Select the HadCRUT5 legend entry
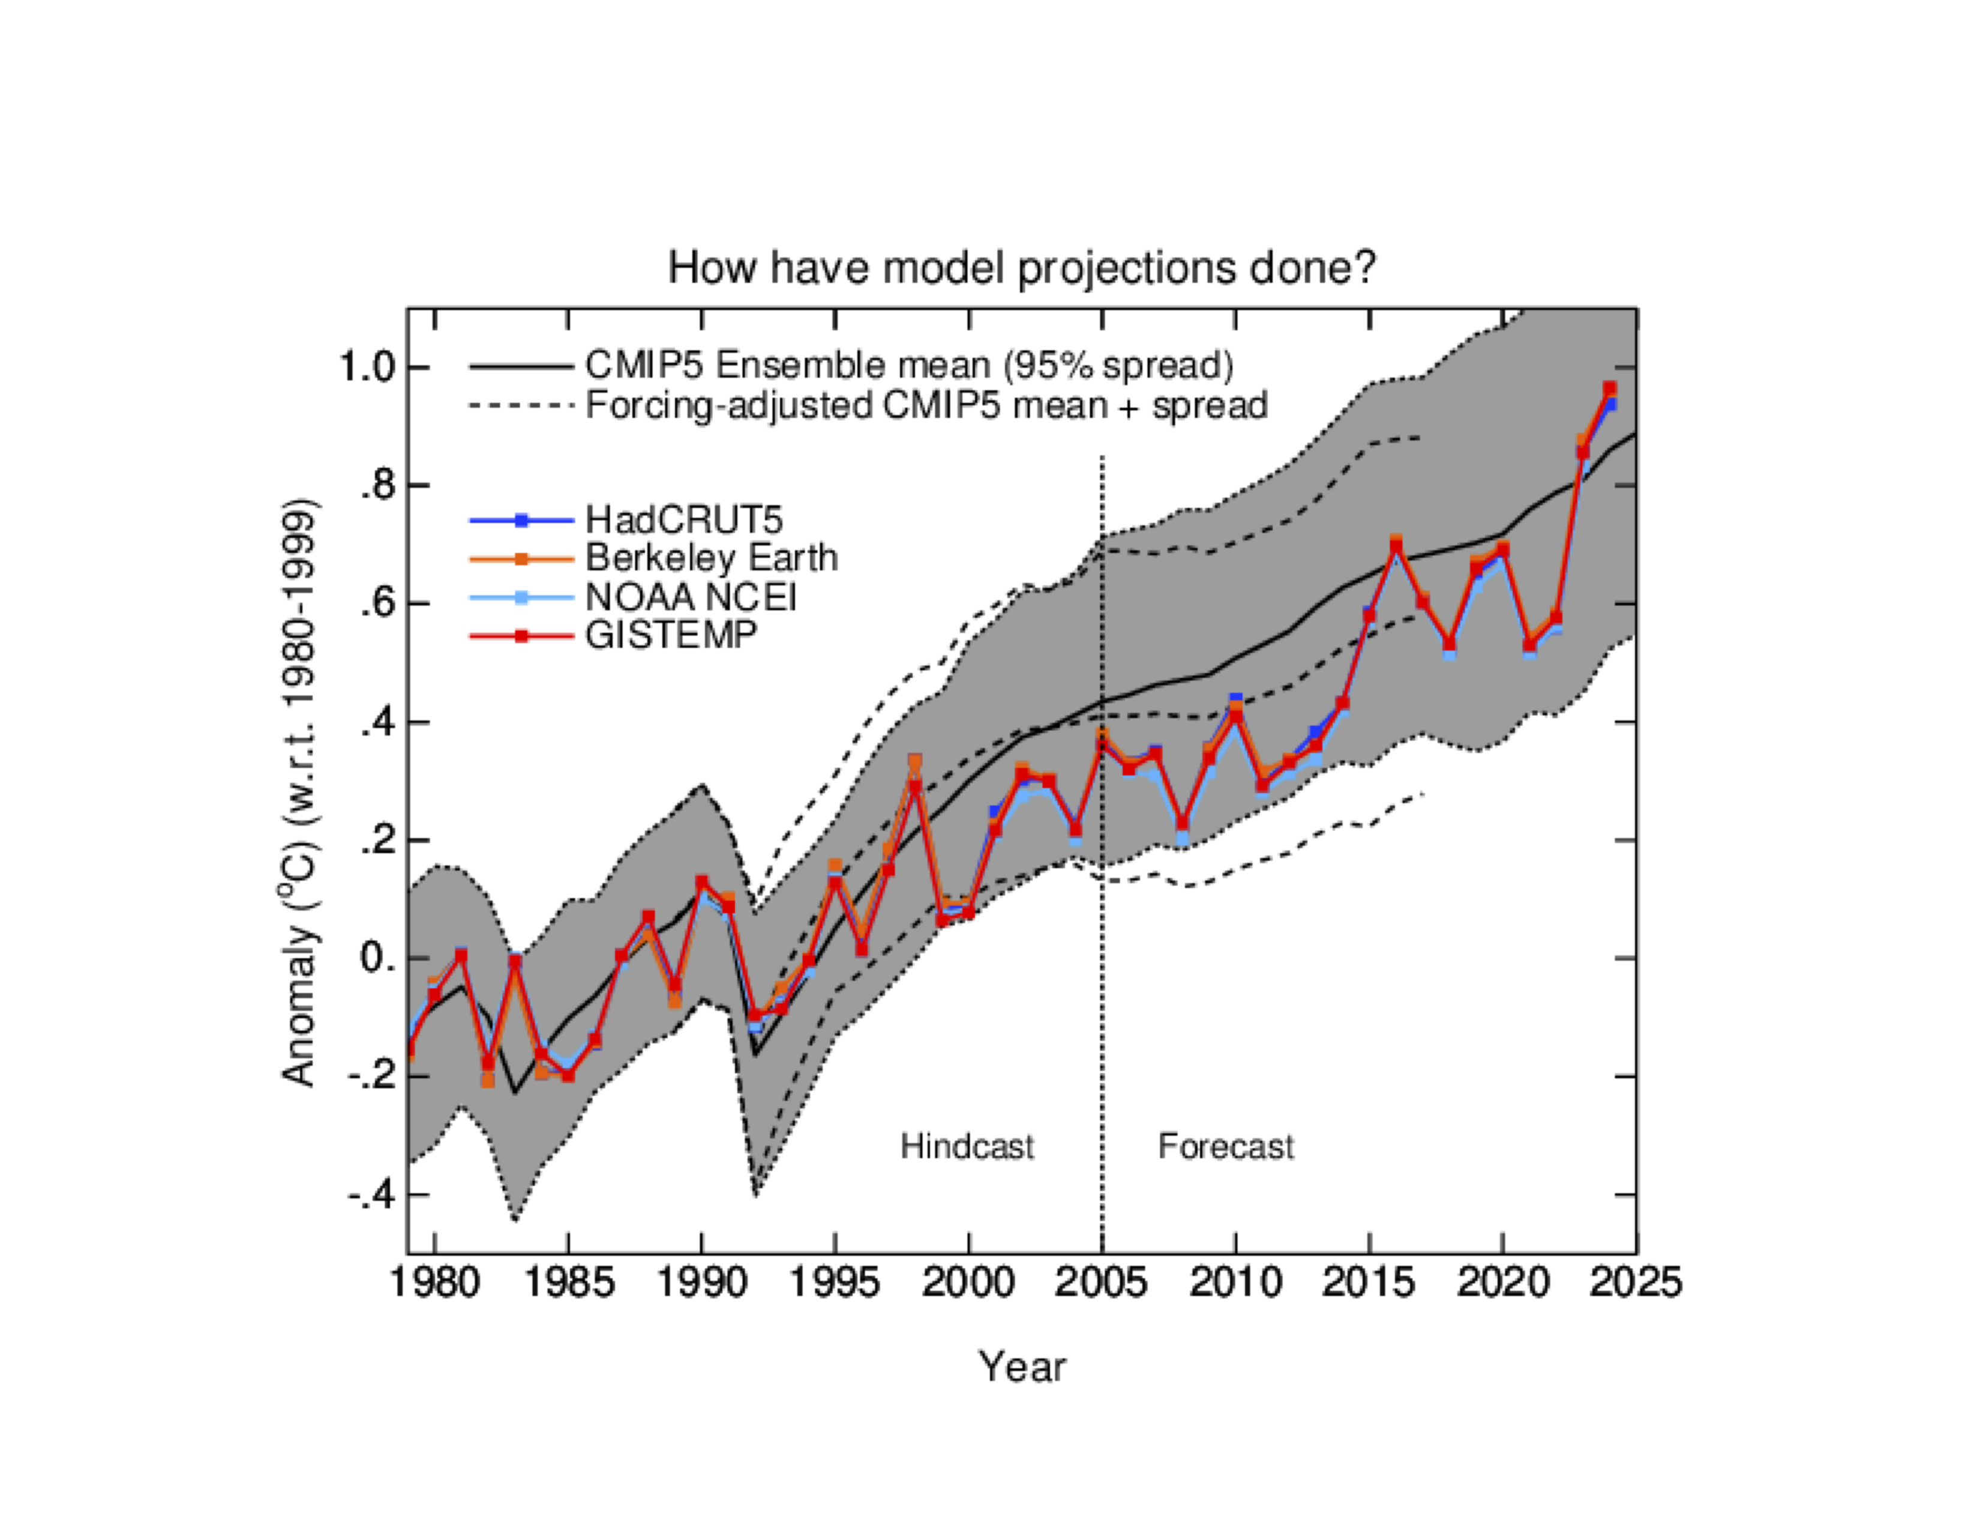coord(683,520)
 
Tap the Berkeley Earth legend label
coord(711,558)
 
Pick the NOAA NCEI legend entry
coord(691,597)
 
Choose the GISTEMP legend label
coord(670,635)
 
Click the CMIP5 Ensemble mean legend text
coord(908,366)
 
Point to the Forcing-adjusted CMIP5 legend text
coord(926,405)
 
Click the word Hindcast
coord(967,1146)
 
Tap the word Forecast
coord(1226,1146)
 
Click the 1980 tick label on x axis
coord(435,1282)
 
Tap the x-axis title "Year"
coord(1022,1366)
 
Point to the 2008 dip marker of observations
coord(1182,824)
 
